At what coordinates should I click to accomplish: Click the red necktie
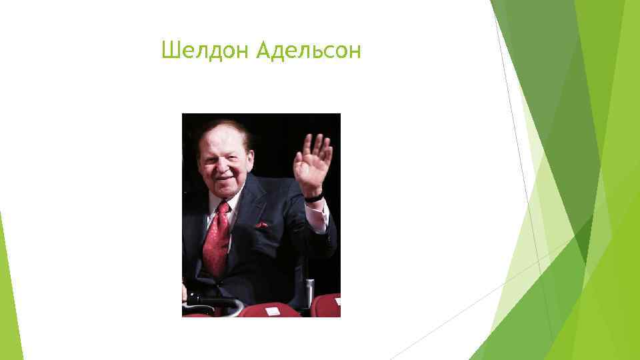tap(217, 240)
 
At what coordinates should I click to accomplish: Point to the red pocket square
tap(261, 225)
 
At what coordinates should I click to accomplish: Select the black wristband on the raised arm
tap(314, 197)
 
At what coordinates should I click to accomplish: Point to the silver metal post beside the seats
tap(309, 293)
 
